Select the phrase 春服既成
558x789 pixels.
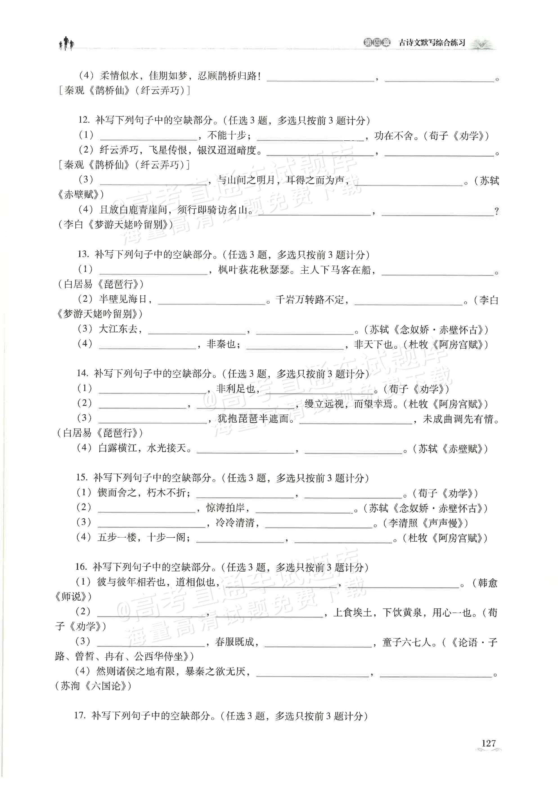click(x=234, y=642)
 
